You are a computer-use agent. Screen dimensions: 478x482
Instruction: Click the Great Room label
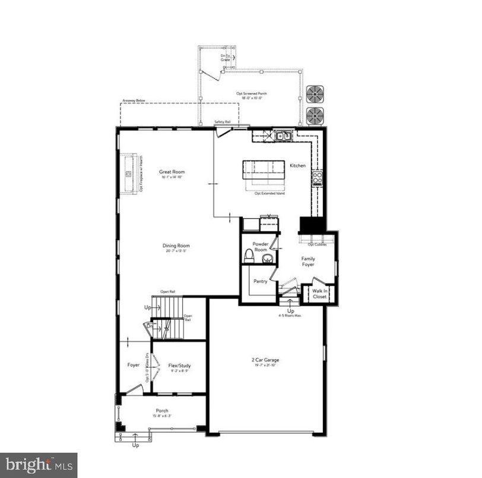click(172, 172)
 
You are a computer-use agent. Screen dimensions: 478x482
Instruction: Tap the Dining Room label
click(176, 246)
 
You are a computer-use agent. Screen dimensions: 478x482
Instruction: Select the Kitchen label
click(298, 165)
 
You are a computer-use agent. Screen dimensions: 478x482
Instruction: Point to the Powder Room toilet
click(249, 256)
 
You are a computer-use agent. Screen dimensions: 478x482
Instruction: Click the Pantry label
click(261, 282)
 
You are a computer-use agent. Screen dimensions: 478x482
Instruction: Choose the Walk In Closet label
click(320, 293)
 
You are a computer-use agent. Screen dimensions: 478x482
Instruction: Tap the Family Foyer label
click(307, 262)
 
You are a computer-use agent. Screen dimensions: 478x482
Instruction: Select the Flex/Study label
click(179, 366)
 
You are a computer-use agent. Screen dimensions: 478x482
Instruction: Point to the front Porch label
click(162, 411)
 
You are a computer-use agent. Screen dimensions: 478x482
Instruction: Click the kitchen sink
click(283, 136)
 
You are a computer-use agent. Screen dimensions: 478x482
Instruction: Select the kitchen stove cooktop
click(318, 177)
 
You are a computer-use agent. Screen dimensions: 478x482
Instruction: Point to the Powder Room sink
click(268, 259)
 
